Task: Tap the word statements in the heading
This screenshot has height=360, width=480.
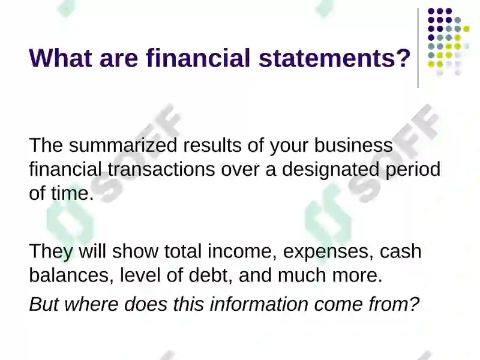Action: pyautogui.click(x=326, y=58)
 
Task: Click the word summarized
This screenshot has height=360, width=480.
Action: pyautogui.click(x=123, y=145)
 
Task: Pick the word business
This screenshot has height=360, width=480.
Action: pyautogui.click(x=353, y=145)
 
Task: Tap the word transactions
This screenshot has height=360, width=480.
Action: pyautogui.click(x=161, y=169)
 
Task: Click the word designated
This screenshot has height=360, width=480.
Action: pyautogui.click(x=331, y=170)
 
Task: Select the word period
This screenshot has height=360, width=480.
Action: pyautogui.click(x=413, y=170)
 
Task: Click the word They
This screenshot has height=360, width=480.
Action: pyautogui.click(x=51, y=252)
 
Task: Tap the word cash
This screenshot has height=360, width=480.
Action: pyautogui.click(x=401, y=251)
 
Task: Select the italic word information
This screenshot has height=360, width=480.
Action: pyautogui.click(x=259, y=304)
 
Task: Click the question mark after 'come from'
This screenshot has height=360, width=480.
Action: pyautogui.click(x=414, y=304)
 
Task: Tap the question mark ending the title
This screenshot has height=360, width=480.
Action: pyautogui.click(x=402, y=58)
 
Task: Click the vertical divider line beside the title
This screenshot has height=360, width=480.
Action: pyautogui.click(x=418, y=48)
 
